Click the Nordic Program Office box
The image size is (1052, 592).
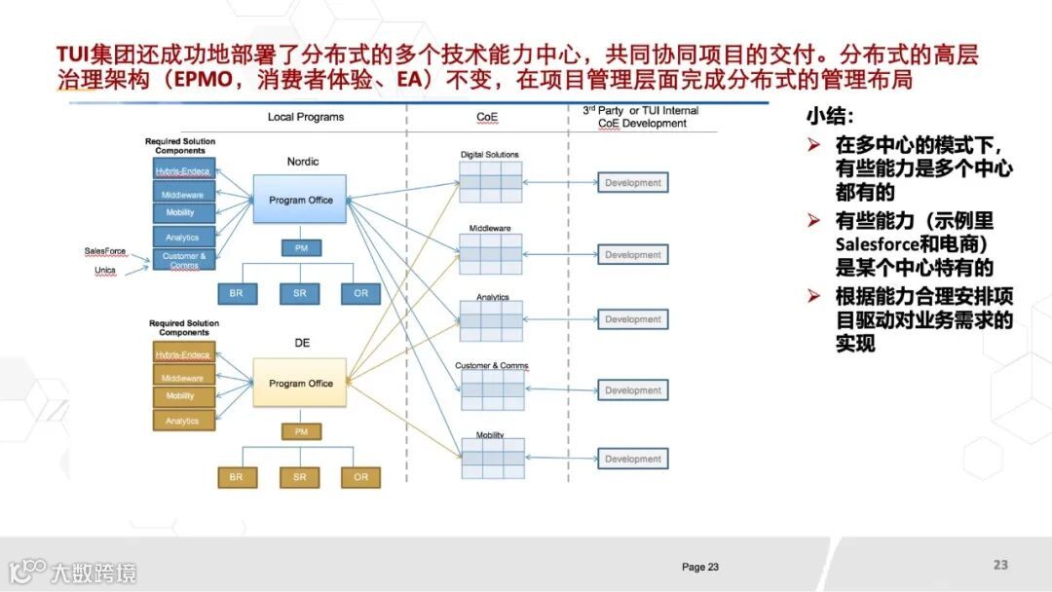pyautogui.click(x=301, y=200)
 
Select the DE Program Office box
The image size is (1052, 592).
pyautogui.click(x=301, y=383)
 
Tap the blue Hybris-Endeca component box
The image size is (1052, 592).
pyautogui.click(x=183, y=170)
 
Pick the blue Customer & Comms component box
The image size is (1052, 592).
pyautogui.click(x=183, y=260)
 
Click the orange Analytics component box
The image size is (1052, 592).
pyautogui.click(x=183, y=421)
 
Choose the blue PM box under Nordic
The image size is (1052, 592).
pyautogui.click(x=301, y=248)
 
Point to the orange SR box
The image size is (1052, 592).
pyautogui.click(x=299, y=477)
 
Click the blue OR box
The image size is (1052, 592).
pyautogui.click(x=361, y=292)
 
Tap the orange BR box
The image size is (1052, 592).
pyautogui.click(x=237, y=477)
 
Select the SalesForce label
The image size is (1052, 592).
pyautogui.click(x=105, y=251)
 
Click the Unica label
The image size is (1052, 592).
pyautogui.click(x=105, y=270)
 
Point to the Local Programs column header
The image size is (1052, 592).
pyautogui.click(x=306, y=117)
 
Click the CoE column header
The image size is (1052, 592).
pyautogui.click(x=487, y=117)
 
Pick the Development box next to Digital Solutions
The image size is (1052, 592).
pyautogui.click(x=632, y=183)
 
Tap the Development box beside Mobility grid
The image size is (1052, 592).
pyautogui.click(x=632, y=459)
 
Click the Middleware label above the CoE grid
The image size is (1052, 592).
pyautogui.click(x=490, y=228)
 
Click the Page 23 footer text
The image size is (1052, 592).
pyautogui.click(x=700, y=567)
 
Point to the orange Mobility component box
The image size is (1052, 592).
pyautogui.click(x=183, y=396)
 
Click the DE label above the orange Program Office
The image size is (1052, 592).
pyautogui.click(x=302, y=343)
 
